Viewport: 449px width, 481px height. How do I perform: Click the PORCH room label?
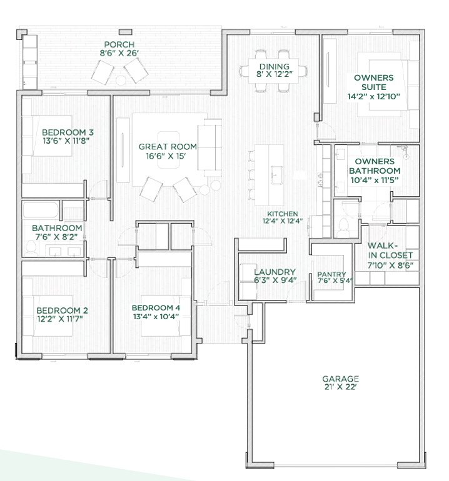(119, 44)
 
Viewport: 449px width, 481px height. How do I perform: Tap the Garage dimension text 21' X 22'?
(340, 387)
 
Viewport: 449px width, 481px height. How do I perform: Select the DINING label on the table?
(275, 66)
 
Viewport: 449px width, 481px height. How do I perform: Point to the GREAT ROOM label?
(168, 147)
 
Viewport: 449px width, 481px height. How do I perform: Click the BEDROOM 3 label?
(68, 132)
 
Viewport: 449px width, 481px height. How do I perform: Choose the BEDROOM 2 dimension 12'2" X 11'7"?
(60, 319)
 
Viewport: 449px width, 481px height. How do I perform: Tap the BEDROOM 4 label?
(156, 308)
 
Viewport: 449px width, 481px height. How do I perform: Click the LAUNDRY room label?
(275, 272)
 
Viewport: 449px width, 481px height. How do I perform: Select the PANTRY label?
(331, 274)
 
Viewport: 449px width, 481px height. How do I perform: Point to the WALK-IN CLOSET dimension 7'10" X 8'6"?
(390, 265)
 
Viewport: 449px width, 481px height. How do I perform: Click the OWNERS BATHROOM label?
(375, 166)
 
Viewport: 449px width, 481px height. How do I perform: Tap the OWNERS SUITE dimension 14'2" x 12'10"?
(374, 97)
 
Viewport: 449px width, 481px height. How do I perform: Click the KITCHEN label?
(282, 214)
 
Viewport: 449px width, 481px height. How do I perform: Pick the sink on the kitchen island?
(276, 175)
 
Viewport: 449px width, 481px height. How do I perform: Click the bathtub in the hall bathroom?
(41, 210)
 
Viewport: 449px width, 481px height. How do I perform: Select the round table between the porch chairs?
(121, 81)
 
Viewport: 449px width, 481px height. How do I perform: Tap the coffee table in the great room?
(169, 150)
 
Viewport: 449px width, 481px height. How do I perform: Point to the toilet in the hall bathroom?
(31, 248)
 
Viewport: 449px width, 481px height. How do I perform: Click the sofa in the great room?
(209, 147)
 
